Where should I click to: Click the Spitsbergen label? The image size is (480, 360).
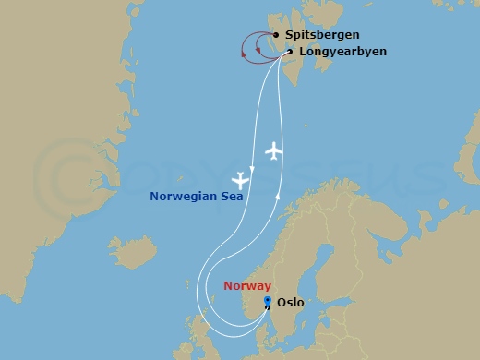point(322,35)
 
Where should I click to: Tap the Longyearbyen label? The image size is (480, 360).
point(342,52)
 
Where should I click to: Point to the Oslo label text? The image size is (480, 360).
point(291,302)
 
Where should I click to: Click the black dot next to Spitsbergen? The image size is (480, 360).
point(276,35)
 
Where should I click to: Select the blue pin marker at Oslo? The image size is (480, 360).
point(267,300)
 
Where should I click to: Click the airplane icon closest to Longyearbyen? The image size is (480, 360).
point(272,150)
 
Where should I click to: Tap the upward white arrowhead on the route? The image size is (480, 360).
point(279,194)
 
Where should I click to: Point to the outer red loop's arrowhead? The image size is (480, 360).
point(242,54)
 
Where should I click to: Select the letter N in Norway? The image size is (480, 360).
point(228,286)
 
